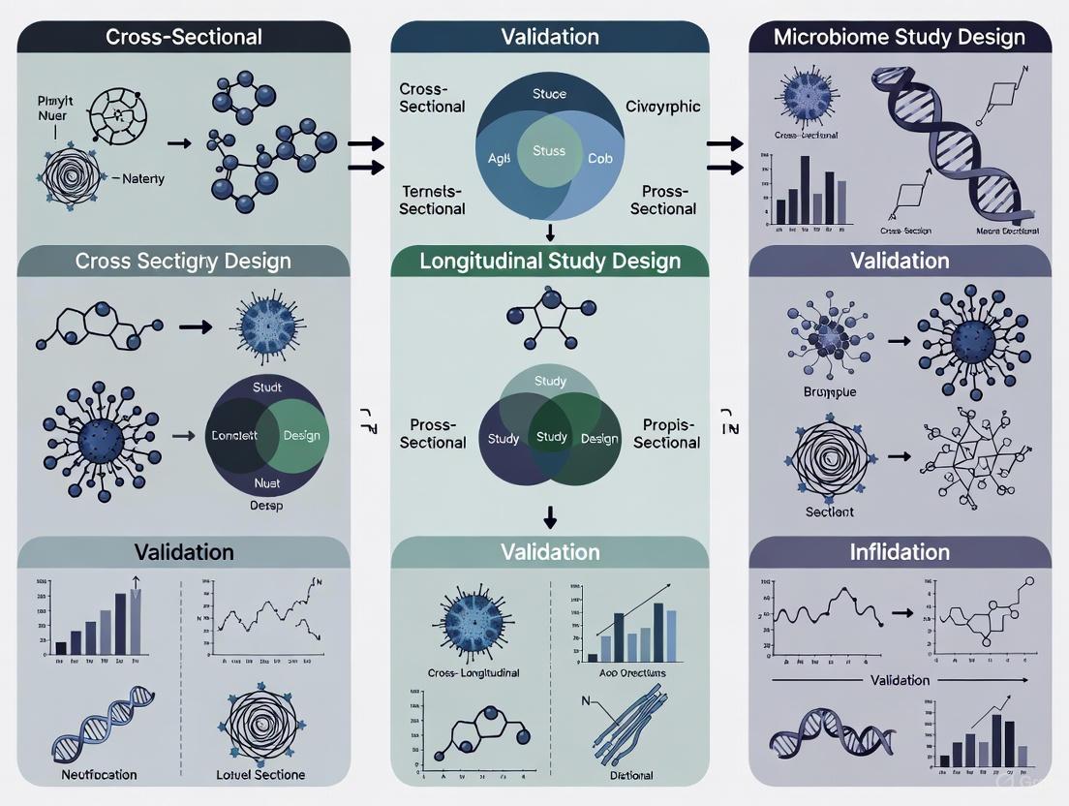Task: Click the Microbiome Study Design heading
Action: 900,38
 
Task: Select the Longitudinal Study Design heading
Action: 550,261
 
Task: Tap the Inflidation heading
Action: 900,552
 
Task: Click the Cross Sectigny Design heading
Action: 184,261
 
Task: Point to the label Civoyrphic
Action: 662,107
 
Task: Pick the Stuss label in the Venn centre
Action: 549,151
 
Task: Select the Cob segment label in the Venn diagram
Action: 600,158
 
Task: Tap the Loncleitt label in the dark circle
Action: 234,436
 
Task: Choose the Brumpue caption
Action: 831,392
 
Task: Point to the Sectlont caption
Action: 830,511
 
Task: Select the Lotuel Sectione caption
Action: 261,775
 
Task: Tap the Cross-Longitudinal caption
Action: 473,672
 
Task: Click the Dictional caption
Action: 631,775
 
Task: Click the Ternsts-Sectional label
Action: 432,200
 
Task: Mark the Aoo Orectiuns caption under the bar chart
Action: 632,672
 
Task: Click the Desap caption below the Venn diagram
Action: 266,506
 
